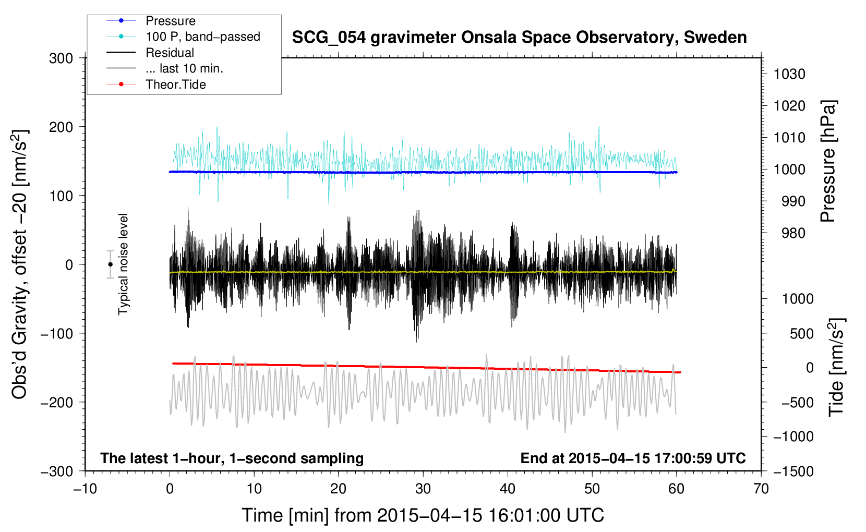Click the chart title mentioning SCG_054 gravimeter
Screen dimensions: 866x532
(x=519, y=38)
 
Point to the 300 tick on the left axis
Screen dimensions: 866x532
(x=61, y=58)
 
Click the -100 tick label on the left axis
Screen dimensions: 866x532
(x=57, y=334)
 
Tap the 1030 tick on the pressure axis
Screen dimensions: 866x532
(x=789, y=74)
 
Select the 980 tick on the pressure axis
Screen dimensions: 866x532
(x=793, y=233)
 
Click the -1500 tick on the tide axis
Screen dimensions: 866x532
(x=793, y=471)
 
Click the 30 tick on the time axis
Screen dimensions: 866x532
(x=423, y=489)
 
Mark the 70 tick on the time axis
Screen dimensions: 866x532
(x=761, y=489)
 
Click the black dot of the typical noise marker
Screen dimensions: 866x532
(x=110, y=264)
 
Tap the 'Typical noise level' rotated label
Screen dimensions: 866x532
(x=123, y=264)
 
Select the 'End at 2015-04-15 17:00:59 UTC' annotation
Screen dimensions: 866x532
(x=633, y=458)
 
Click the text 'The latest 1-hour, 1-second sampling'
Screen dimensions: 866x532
(x=232, y=458)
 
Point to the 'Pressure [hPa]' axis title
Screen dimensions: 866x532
(x=828, y=161)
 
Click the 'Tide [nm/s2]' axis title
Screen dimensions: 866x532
(x=836, y=367)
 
